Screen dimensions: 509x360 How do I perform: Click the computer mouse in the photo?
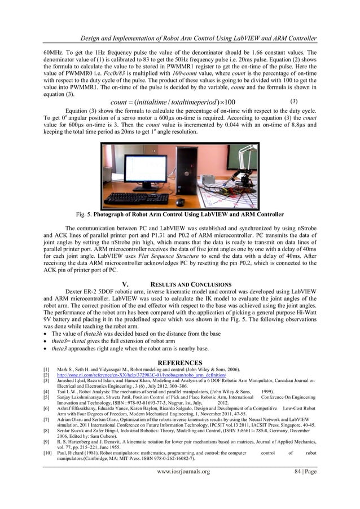(180, 201)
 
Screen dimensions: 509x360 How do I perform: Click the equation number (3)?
(293, 102)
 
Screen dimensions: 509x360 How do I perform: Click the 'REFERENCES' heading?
(179, 362)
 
